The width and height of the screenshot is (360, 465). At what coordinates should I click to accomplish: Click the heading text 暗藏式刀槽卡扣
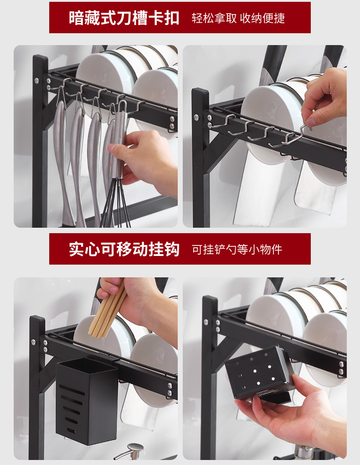pos(124,18)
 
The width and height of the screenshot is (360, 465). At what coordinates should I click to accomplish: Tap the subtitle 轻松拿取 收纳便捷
pos(238,18)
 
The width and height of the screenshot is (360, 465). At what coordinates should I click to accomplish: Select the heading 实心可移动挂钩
pos(124,249)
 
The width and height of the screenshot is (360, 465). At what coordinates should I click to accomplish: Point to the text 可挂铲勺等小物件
pos(237,249)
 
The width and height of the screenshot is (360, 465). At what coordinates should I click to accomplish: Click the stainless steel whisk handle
pos(120,143)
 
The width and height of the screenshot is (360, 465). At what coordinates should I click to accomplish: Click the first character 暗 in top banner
pos(76,18)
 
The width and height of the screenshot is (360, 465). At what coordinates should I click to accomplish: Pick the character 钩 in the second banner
pos(172,249)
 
